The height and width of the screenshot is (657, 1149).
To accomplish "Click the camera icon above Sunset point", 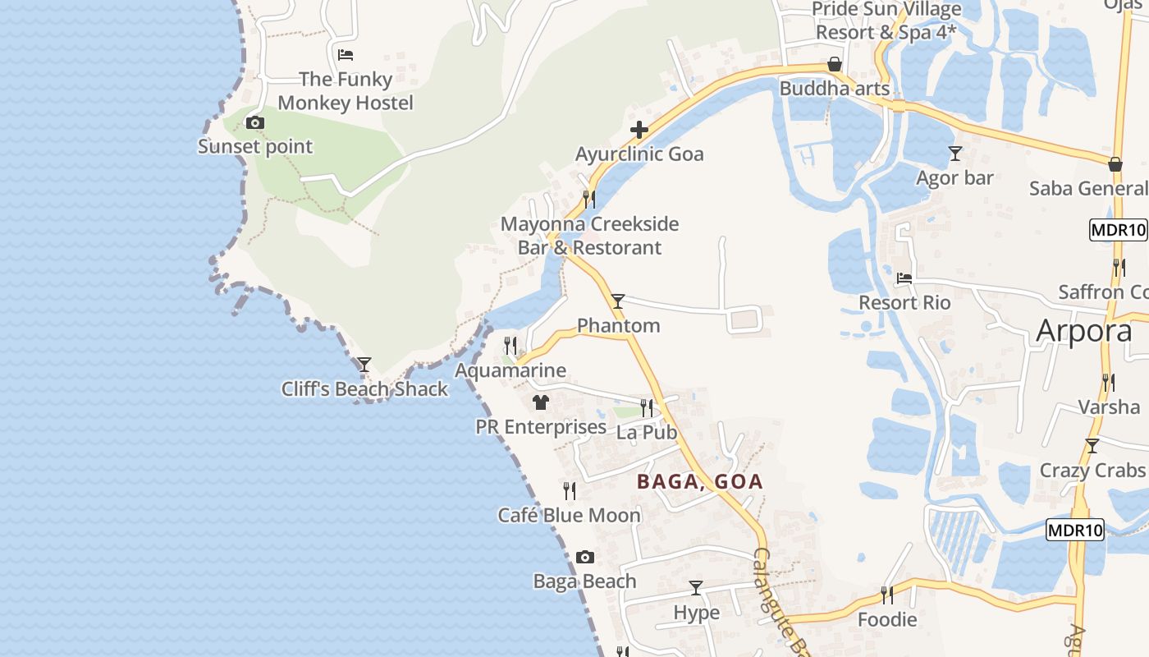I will [255, 123].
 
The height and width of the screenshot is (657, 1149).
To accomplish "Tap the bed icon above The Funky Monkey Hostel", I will [346, 55].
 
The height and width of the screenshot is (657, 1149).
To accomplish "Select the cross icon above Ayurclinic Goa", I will [639, 130].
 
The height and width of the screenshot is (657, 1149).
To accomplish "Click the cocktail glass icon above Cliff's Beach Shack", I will [364, 364].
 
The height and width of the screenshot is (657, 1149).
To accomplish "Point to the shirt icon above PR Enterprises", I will [540, 402].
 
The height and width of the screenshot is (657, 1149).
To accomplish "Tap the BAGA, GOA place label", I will [700, 482].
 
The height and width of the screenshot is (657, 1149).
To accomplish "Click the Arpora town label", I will [1084, 330].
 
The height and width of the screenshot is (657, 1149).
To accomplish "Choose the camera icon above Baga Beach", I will [584, 558].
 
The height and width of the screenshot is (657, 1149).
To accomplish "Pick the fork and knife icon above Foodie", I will [886, 595].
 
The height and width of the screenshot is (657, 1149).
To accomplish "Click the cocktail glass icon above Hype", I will [696, 588].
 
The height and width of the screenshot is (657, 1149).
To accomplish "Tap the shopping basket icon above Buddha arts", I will [835, 64].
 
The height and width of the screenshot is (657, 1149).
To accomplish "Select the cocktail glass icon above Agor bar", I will [954, 154].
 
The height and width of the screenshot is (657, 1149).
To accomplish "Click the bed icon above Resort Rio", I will [904, 278].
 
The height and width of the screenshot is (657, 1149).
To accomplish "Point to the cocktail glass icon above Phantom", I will [618, 301].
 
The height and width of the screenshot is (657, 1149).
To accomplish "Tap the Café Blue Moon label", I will [569, 516].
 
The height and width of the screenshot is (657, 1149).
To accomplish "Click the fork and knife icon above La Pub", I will [647, 407].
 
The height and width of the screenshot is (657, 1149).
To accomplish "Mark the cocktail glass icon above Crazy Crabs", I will [1092, 446].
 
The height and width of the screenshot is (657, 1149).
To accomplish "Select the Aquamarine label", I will [510, 370].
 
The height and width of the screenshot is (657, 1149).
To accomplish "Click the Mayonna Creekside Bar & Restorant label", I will [589, 236].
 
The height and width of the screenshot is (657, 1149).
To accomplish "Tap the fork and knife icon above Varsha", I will [1108, 382].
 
